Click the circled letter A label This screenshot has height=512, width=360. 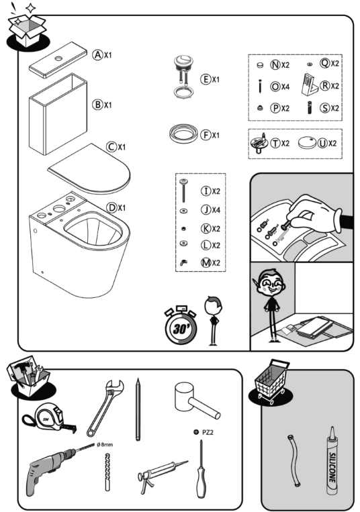[98, 55]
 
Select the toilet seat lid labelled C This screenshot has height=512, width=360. [89, 168]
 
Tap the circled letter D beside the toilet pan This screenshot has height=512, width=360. [112, 207]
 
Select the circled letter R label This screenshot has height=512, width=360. [324, 86]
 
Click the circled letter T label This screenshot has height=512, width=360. [275, 143]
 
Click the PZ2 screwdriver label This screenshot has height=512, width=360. [213, 434]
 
